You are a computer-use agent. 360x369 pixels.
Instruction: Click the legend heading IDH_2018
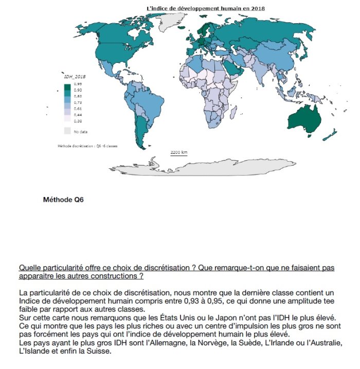(72, 76)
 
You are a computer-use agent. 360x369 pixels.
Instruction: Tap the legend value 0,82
(78, 96)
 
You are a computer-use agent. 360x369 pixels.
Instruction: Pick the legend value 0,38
(78, 121)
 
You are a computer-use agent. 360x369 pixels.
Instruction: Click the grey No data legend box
(67, 131)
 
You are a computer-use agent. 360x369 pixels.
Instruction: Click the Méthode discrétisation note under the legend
(87, 146)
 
